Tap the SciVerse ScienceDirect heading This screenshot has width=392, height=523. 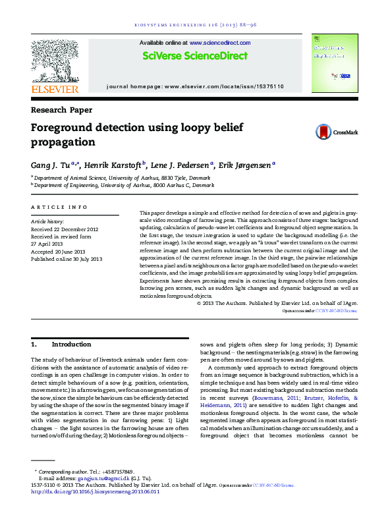(x=195, y=57)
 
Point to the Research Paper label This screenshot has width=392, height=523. (x=62, y=110)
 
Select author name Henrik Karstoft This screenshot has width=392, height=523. (x=116, y=165)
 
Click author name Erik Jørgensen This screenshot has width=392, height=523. (x=245, y=165)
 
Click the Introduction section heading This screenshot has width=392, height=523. (x=71, y=344)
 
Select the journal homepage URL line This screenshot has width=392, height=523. (x=195, y=86)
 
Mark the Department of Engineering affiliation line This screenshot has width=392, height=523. (x=125, y=185)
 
